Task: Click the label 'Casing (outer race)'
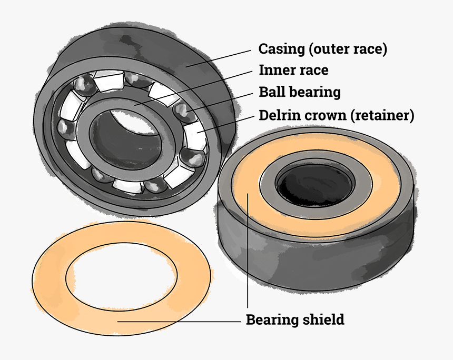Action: (x=322, y=49)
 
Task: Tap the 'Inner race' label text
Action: (x=293, y=70)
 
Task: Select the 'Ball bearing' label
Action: (x=300, y=92)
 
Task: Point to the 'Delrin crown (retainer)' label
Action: (x=336, y=115)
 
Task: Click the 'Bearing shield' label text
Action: (x=295, y=319)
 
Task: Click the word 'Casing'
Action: (x=281, y=49)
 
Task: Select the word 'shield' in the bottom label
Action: (x=324, y=319)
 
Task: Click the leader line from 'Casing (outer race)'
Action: (x=221, y=57)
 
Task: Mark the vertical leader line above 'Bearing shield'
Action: (x=247, y=253)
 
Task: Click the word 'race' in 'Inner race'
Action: (x=313, y=70)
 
